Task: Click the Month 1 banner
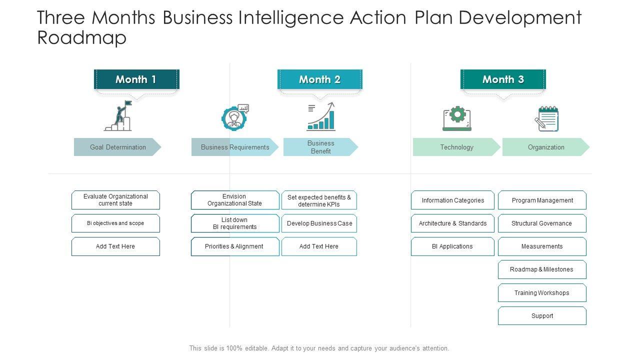pyautogui.click(x=136, y=79)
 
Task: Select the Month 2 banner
pyautogui.click(x=319, y=79)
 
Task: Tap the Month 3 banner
pyautogui.click(x=503, y=79)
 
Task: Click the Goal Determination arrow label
pyautogui.click(x=117, y=147)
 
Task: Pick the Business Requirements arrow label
pyautogui.click(x=234, y=147)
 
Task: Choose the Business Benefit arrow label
pyautogui.click(x=320, y=147)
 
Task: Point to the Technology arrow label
pyautogui.click(x=456, y=147)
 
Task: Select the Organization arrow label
pyautogui.click(x=545, y=147)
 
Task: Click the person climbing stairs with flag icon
pyautogui.click(x=118, y=116)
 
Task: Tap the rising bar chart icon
pyautogui.click(x=320, y=116)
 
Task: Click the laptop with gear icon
pyautogui.click(x=457, y=118)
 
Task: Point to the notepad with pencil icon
pyautogui.click(x=546, y=118)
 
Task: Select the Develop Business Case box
pyautogui.click(x=319, y=223)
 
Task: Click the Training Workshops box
pyautogui.click(x=542, y=293)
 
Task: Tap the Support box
pyautogui.click(x=542, y=316)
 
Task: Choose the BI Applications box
pyautogui.click(x=452, y=246)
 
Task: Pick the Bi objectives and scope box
pyautogui.click(x=115, y=223)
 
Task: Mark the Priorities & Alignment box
pyautogui.click(x=235, y=246)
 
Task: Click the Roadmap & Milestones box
pyautogui.click(x=542, y=269)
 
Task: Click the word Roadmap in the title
pyautogui.click(x=82, y=38)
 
